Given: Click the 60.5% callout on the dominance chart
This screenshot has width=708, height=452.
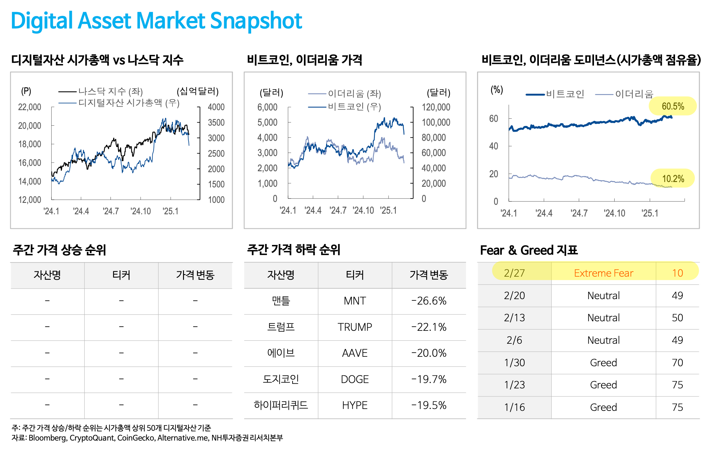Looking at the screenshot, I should coord(673,106).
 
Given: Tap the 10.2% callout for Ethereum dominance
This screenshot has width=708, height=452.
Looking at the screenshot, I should coord(673,179).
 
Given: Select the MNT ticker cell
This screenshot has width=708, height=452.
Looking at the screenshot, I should coord(355,301).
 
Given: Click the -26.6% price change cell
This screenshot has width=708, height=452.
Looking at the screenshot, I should coord(429,301).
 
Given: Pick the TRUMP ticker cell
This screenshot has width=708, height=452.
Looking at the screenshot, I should coord(355,327).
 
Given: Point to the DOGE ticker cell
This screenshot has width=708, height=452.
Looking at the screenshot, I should coord(355,379).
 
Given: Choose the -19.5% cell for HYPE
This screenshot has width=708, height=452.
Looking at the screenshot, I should coord(429,405).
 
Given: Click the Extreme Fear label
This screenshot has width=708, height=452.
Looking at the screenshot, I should coord(603,273).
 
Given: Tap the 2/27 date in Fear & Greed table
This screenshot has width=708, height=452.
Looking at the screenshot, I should coord(514,273).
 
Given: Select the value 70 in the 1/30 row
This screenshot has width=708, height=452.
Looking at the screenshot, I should coord(677,362).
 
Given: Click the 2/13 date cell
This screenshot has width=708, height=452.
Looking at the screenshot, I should coord(514,318).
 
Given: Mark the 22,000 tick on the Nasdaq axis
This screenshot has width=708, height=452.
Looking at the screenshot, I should coord(29,107).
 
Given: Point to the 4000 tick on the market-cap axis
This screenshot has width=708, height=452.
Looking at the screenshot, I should coord(216,107).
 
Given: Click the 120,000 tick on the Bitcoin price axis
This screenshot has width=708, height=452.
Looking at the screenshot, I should coord(436,107).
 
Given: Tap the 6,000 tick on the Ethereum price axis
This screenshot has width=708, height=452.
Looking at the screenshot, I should coord(267,107).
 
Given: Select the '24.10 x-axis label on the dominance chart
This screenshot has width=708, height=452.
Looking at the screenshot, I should coord(614,213).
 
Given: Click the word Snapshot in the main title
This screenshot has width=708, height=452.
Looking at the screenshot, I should coord(256,21).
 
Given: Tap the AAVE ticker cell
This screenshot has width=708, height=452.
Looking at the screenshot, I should coord(355,353).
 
